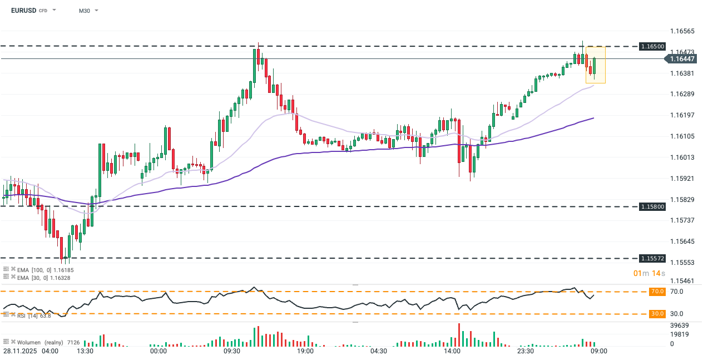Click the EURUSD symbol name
(23, 11)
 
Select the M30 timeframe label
(84, 11)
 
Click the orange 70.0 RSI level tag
(657, 291)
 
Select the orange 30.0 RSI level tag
(657, 314)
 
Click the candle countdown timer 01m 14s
(650, 273)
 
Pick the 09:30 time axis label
(231, 351)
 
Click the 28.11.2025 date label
(21, 351)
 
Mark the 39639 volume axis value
(680, 326)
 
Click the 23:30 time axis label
(525, 351)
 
